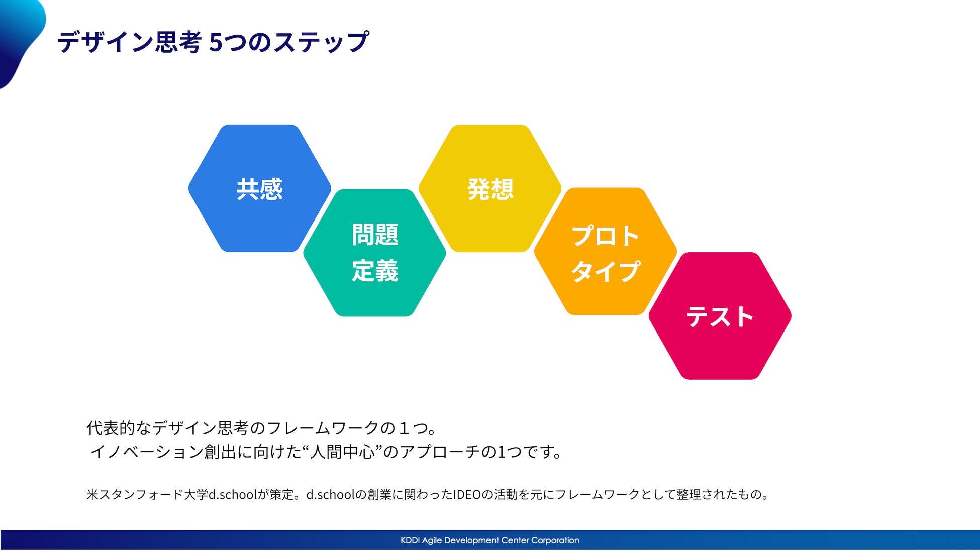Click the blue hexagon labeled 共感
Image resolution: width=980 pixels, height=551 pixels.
(260, 188)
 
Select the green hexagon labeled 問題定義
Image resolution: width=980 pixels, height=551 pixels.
(375, 253)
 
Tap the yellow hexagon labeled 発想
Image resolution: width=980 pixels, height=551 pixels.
(490, 188)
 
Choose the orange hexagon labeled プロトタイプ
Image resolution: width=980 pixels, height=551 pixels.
(605, 252)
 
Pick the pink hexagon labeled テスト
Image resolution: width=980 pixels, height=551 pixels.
(720, 316)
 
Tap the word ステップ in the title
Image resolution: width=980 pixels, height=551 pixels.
(321, 42)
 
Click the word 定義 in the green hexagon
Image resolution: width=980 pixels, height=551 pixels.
(375, 271)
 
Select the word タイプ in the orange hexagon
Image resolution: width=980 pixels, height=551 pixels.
(606, 271)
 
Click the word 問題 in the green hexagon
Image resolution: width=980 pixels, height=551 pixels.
(375, 235)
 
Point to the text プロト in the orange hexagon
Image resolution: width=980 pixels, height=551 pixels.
(606, 236)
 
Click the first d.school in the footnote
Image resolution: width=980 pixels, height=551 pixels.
(233, 495)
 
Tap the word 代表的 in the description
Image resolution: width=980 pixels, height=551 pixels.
(111, 428)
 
